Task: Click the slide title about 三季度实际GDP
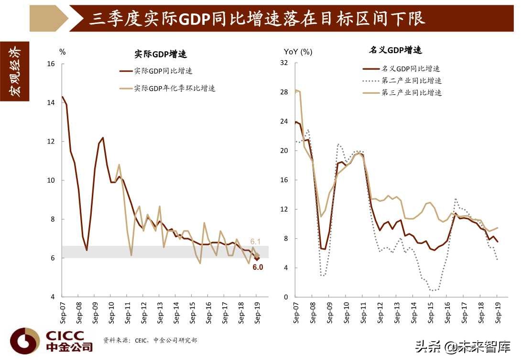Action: coord(258,19)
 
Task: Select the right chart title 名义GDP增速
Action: coord(396,50)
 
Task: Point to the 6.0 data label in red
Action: coord(257,267)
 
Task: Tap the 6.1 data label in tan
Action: coord(256,242)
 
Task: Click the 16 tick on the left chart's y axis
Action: coord(51,64)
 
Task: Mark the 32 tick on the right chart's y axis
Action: coord(284,63)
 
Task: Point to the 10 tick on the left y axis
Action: coord(51,180)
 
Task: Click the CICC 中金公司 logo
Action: coord(52,341)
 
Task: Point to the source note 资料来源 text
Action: coord(150,341)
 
